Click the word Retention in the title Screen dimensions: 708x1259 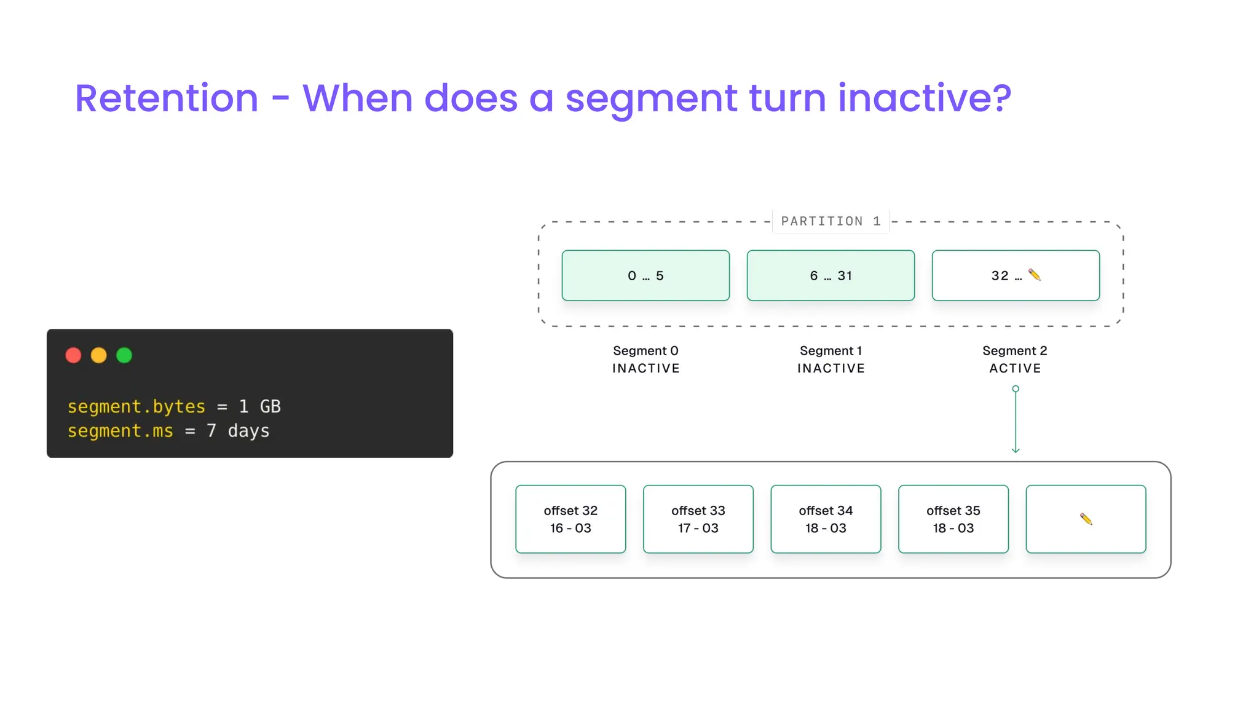pyautogui.click(x=167, y=98)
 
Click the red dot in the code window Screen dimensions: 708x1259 pyautogui.click(x=73, y=355)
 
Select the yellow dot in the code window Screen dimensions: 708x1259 pyautogui.click(x=98, y=355)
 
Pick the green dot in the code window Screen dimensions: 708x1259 pyautogui.click(x=124, y=355)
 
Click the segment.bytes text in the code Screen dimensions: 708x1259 pyautogui.click(x=136, y=406)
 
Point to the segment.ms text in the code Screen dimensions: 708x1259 pyautogui.click(x=120, y=431)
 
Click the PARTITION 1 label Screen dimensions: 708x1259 pyautogui.click(x=831, y=221)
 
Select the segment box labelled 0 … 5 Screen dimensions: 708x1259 pyautogui.click(x=645, y=275)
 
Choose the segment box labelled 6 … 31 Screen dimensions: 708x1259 pyautogui.click(x=831, y=275)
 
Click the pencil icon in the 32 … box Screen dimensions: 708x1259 pyautogui.click(x=1035, y=275)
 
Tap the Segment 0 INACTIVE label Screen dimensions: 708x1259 pyautogui.click(x=645, y=360)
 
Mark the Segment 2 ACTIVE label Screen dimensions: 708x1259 pyautogui.click(x=1015, y=360)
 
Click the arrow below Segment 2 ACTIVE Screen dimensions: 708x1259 pyautogui.click(x=1016, y=421)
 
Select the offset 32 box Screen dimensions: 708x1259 pyautogui.click(x=570, y=519)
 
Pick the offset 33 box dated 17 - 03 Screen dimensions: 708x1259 pyautogui.click(x=698, y=519)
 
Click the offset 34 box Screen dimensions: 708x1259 pyautogui.click(x=826, y=519)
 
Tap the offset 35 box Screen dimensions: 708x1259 pyautogui.click(x=953, y=519)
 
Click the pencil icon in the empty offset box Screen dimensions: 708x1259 pyautogui.click(x=1086, y=519)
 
